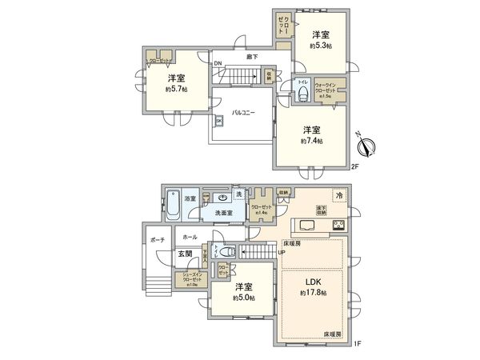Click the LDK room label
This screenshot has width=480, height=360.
click(x=312, y=282)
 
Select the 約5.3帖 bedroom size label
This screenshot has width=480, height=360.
click(x=322, y=47)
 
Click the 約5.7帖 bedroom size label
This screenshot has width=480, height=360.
click(x=178, y=90)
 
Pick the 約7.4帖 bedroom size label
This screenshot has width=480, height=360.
click(x=312, y=141)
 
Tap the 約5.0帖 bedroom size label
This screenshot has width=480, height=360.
click(x=245, y=298)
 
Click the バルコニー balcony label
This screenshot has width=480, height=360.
click(x=243, y=114)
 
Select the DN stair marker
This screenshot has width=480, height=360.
click(x=218, y=65)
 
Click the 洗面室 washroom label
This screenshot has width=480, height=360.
click(x=223, y=213)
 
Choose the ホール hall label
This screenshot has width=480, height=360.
click(x=190, y=238)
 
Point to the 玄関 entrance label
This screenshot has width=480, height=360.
click(x=186, y=254)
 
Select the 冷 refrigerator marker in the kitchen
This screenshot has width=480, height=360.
click(x=338, y=195)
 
